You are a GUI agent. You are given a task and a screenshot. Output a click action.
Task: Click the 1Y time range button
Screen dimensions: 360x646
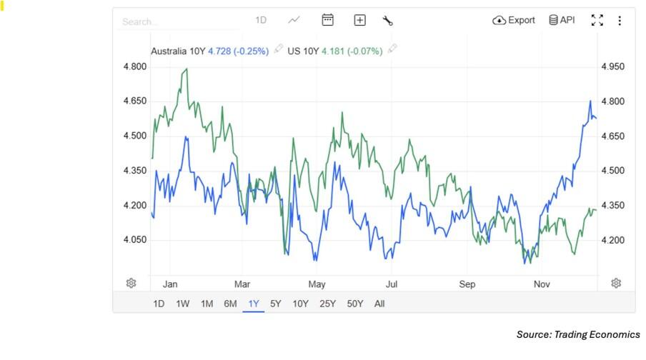[x=254, y=304]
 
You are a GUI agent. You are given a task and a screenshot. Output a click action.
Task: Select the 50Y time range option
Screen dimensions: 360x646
[x=355, y=304]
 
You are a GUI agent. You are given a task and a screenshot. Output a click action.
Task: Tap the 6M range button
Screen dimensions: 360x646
[x=230, y=304]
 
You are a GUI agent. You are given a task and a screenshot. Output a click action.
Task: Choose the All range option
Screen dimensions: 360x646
[x=379, y=304]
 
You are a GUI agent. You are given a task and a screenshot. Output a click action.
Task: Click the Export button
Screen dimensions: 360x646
[x=514, y=20]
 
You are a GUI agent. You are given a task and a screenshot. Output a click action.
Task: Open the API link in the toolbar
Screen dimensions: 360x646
[x=562, y=20]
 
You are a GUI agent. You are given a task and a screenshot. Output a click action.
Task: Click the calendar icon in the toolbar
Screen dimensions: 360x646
[x=328, y=20]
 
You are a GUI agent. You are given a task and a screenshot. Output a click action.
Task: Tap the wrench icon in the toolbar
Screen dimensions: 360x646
[x=388, y=21]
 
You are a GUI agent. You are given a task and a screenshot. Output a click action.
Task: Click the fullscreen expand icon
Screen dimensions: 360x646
[x=597, y=20]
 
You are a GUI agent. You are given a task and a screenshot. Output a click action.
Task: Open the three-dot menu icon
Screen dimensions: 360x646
[x=620, y=21]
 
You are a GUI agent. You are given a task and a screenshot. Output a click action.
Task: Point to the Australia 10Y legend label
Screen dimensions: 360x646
[x=178, y=51]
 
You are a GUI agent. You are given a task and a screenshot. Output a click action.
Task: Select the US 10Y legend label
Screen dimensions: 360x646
[x=303, y=51]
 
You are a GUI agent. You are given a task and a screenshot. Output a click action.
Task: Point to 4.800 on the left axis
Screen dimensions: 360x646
[x=135, y=66]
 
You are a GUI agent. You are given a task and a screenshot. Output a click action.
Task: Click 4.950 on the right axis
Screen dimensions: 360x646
[x=612, y=66]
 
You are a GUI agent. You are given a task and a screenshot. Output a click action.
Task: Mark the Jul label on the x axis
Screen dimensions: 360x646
[x=391, y=284]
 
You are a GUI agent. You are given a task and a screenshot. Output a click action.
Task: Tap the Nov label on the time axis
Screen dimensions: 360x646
[x=542, y=284]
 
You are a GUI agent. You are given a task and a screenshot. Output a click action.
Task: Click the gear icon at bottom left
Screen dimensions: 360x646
[x=131, y=283]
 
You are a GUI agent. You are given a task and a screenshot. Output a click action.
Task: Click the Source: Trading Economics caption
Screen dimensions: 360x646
[x=578, y=334]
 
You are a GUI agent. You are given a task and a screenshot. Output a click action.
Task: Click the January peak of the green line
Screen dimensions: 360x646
[x=187, y=69]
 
